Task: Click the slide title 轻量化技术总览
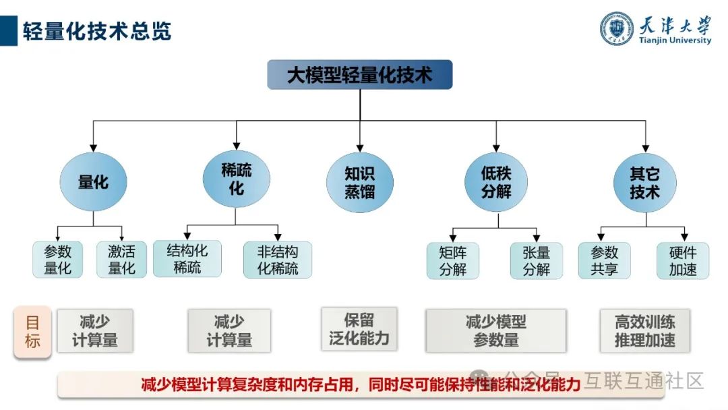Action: tap(97, 30)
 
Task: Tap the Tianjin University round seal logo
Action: tap(617, 28)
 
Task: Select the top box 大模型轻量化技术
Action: tap(360, 75)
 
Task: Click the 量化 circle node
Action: tap(93, 182)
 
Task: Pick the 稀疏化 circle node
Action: tap(236, 179)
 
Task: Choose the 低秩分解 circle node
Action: tap(496, 182)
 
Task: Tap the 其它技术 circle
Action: tap(645, 182)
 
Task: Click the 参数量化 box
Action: tap(58, 260)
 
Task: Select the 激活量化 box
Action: tap(122, 260)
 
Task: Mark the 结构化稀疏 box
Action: tap(187, 259)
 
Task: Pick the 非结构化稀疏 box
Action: tap(278, 260)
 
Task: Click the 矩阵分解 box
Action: tap(452, 260)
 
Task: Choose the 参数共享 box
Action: tap(605, 260)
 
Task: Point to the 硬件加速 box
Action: tap(683, 260)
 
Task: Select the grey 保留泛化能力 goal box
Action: tap(359, 329)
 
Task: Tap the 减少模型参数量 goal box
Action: tap(495, 330)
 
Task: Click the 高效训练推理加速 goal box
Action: tap(645, 330)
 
